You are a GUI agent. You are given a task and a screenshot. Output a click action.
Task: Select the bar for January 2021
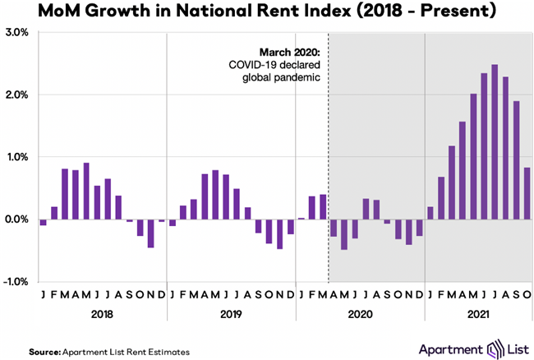coord(430,213)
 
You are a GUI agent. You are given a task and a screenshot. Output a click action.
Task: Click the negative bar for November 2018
coord(150,233)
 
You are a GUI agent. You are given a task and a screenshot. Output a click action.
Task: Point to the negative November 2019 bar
coord(280,233)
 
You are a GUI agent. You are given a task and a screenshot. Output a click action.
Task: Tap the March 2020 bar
coord(323,206)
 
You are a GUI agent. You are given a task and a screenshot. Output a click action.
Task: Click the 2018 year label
coord(102,314)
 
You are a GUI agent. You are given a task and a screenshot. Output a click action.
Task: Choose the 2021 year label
coord(478,314)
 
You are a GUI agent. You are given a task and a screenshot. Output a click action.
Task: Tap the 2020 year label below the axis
coord(360,314)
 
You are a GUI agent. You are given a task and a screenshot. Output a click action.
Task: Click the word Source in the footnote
coord(42,351)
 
